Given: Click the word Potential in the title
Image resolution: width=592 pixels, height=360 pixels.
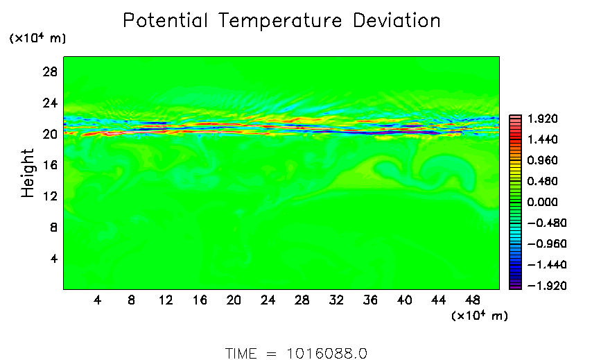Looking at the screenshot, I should point(166,21).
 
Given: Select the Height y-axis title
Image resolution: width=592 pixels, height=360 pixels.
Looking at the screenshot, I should point(28,173).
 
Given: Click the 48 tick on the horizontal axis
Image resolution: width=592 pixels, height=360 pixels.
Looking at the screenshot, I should point(473,300).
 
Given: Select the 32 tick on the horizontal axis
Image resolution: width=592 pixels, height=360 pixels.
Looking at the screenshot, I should point(336,300).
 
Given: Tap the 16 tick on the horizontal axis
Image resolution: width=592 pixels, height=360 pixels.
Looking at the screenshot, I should point(200,300).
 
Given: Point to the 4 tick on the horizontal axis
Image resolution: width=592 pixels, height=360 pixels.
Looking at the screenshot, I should point(98,300).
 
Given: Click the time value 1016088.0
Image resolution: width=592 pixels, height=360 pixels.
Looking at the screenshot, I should point(327,353).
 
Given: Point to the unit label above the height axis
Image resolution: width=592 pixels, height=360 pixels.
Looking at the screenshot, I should point(37,39).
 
